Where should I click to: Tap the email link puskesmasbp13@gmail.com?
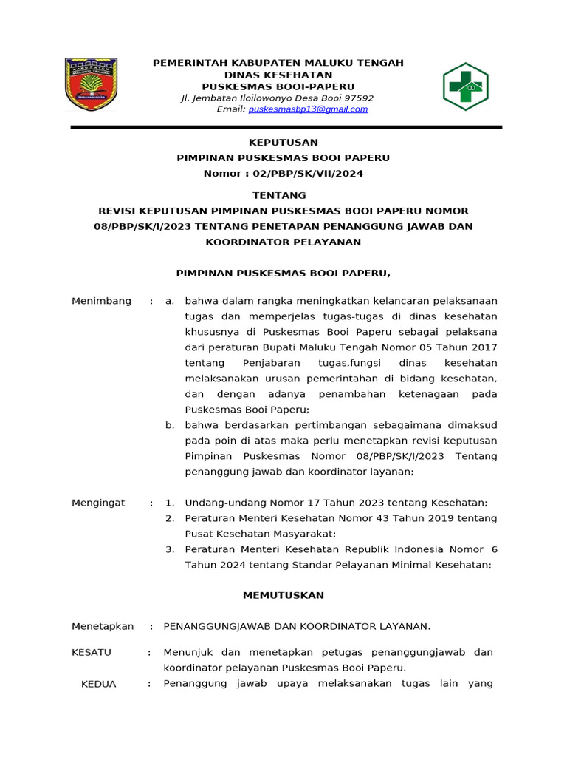coord(308,109)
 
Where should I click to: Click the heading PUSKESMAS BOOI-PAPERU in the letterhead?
coord(278,86)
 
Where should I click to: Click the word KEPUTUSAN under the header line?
coord(283,142)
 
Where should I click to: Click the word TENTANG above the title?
coord(279,195)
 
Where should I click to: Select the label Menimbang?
coord(101,301)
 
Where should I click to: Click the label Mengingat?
coord(98,503)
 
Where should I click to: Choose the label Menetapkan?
coord(103,626)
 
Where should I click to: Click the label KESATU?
coord(91,652)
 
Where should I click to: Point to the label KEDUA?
coord(98,684)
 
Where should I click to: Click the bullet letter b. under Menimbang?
coord(170,425)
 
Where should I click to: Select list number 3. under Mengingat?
coord(170,549)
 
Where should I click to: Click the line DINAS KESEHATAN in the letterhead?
coord(278,75)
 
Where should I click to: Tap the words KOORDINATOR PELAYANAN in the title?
coord(283,242)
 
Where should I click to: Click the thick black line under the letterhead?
coord(286,127)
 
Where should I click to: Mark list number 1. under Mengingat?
coord(170,503)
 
